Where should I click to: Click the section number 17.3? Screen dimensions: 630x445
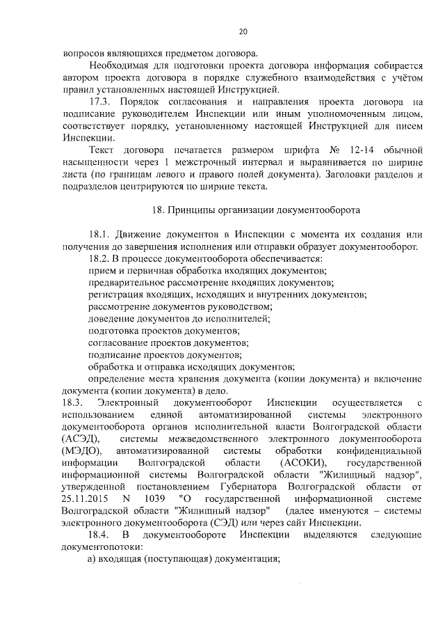[100, 102]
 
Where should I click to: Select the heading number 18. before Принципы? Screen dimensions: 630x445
[157, 210]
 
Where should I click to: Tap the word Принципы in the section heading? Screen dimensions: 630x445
[193, 210]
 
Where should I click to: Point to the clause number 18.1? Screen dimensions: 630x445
[100, 235]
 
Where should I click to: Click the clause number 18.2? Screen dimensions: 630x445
[100, 258]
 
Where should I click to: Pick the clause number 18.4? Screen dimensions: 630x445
[100, 535]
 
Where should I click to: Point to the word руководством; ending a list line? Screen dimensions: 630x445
[235, 306]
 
